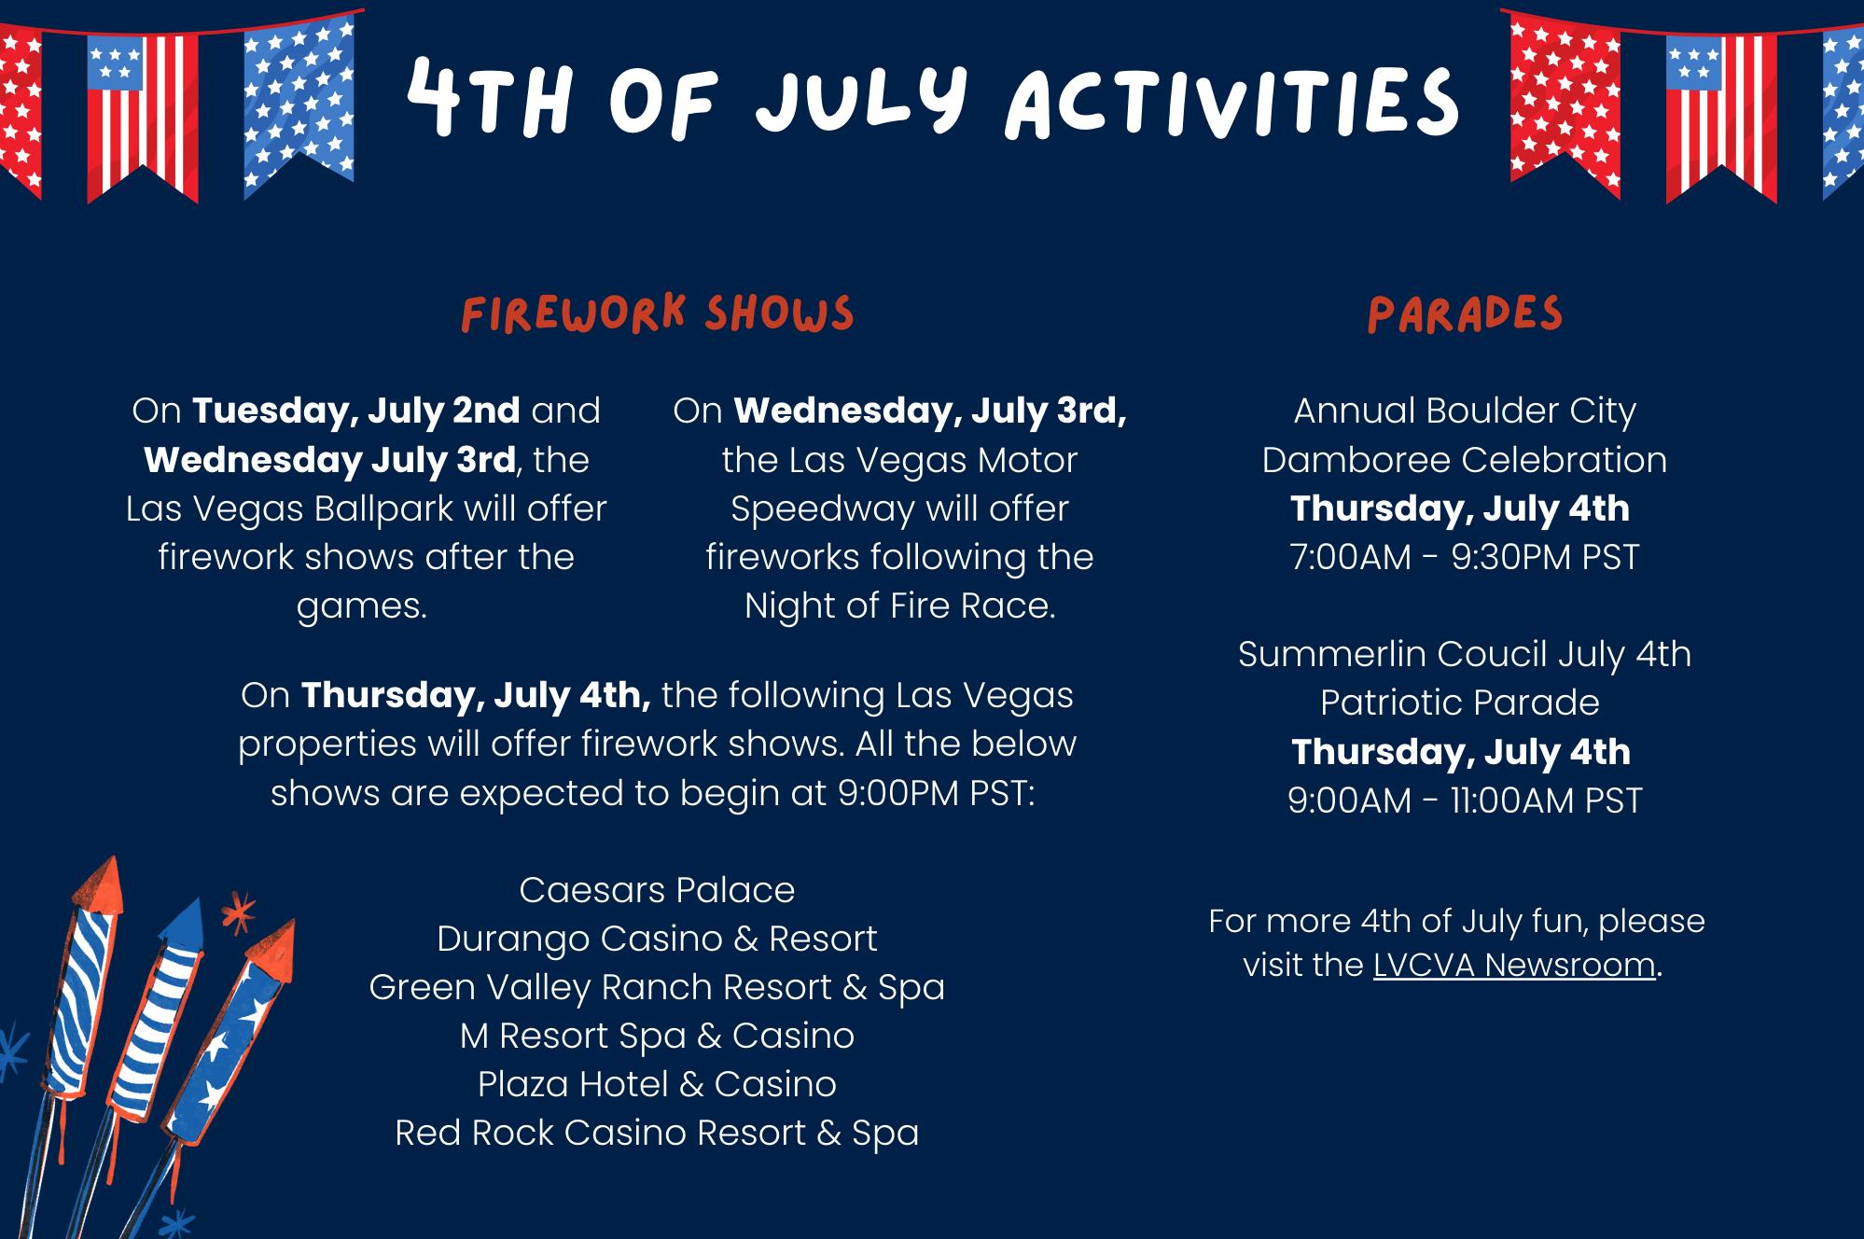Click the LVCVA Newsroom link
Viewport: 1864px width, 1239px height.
tap(1514, 965)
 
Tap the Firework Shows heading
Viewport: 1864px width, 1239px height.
tap(658, 313)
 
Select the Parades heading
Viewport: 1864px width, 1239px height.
tap(1465, 314)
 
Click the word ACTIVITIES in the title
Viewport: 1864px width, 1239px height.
tap(1232, 101)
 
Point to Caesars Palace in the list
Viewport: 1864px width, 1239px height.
tap(657, 890)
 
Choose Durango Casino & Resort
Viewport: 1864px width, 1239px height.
tap(657, 939)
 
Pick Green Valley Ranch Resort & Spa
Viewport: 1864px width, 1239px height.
tap(657, 987)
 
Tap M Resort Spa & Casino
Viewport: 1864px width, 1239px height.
tap(657, 1036)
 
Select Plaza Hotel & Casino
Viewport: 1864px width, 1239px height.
tap(657, 1084)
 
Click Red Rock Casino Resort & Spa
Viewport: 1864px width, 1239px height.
tap(657, 1133)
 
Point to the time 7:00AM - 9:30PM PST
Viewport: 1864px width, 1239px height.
tap(1465, 557)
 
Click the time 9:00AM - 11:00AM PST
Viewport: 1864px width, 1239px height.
tap(1465, 800)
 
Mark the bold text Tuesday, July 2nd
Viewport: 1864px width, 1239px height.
tap(356, 411)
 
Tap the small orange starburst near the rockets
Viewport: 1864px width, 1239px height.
tap(240, 912)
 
